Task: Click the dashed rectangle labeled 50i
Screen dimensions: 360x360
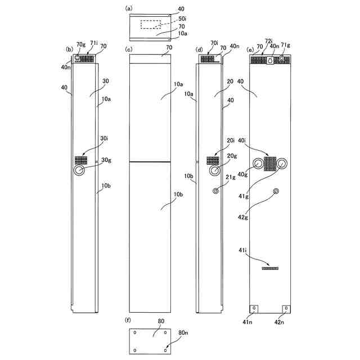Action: click(151, 25)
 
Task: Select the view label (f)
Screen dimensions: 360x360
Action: click(128, 320)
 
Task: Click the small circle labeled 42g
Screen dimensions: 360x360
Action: click(276, 192)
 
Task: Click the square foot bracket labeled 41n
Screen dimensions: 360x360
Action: click(254, 309)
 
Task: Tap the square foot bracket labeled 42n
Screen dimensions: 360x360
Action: click(286, 309)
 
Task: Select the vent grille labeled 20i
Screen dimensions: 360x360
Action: click(213, 160)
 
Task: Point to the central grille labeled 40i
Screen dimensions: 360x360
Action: click(271, 164)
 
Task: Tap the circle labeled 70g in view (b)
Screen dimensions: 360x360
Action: click(78, 57)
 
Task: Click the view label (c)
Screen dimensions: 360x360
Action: click(129, 49)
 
